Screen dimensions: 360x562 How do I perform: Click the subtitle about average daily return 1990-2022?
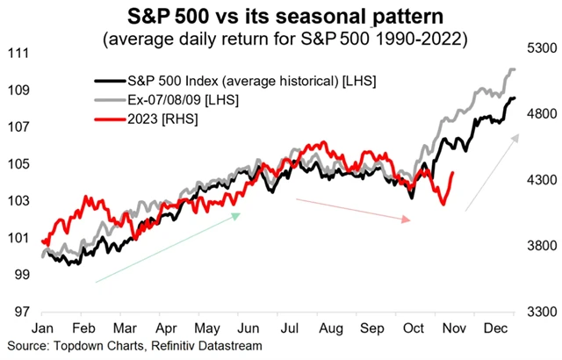point(280,40)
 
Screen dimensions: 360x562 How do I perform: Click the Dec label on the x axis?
point(494,328)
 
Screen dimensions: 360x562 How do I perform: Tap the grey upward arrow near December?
point(492,172)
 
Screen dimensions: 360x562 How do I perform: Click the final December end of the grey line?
point(514,69)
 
